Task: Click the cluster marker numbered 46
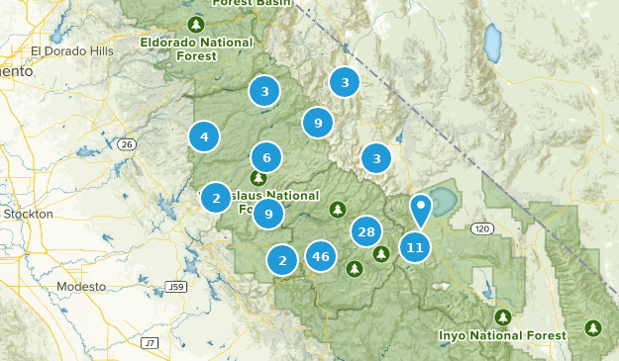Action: [x=320, y=256]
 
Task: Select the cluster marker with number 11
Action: [x=415, y=247]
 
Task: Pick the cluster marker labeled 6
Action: [x=266, y=156]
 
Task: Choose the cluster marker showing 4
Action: [x=204, y=136]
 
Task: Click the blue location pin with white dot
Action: [x=422, y=211]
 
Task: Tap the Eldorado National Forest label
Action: [x=195, y=48]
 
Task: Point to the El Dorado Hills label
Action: [x=72, y=51]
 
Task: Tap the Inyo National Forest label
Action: [x=502, y=335]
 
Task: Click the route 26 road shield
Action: [x=126, y=144]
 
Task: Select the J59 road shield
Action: [x=176, y=287]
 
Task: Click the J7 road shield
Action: [x=149, y=342]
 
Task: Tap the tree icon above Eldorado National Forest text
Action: [x=196, y=22]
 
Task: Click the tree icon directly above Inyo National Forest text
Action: [x=503, y=316]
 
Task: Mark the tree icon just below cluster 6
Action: [x=258, y=178]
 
